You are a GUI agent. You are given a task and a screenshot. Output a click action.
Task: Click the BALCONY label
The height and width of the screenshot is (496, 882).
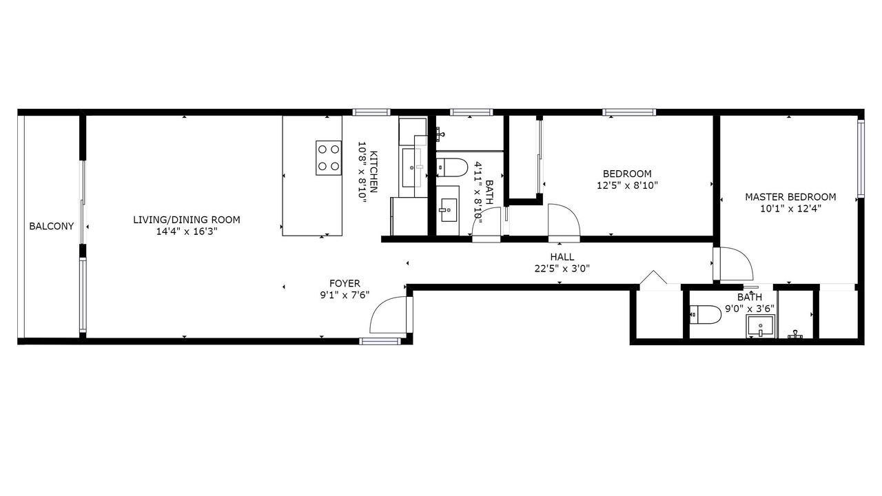[52, 227]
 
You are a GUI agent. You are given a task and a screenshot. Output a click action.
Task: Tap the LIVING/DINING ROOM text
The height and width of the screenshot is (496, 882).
[187, 220]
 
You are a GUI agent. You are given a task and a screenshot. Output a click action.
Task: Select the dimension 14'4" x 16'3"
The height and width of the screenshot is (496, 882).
[187, 231]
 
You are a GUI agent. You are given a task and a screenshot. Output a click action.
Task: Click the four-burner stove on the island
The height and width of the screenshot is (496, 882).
[329, 158]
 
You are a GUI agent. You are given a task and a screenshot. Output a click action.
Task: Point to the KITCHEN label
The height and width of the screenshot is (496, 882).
[373, 172]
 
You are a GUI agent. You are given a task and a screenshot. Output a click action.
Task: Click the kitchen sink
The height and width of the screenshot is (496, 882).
[411, 167]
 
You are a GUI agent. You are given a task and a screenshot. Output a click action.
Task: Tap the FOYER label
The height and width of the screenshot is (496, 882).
[345, 283]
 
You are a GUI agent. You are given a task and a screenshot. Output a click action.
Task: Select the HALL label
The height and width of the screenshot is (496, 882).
[562, 257]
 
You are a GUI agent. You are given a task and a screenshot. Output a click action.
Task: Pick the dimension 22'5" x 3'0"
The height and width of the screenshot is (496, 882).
[562, 269]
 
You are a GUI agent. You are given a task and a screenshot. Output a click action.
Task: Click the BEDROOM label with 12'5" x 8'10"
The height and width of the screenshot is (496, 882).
[627, 174]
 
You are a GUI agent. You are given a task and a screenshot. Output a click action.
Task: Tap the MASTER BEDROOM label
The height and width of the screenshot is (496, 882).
[790, 197]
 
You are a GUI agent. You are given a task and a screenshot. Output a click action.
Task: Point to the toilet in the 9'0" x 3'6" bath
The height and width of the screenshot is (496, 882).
[706, 315]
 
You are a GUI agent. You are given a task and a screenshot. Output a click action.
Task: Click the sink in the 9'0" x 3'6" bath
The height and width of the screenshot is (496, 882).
[760, 327]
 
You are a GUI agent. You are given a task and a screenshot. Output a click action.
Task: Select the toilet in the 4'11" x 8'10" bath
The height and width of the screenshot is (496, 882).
[451, 167]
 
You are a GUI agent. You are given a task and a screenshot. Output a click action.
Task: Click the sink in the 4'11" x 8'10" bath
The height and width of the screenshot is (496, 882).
[448, 210]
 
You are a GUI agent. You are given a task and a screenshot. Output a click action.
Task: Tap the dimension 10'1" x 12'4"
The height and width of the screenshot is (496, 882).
[790, 209]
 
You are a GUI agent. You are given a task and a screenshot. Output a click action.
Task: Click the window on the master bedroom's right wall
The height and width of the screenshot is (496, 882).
[861, 158]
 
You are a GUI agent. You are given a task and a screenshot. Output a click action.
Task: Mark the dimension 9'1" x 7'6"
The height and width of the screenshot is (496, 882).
[345, 296]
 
